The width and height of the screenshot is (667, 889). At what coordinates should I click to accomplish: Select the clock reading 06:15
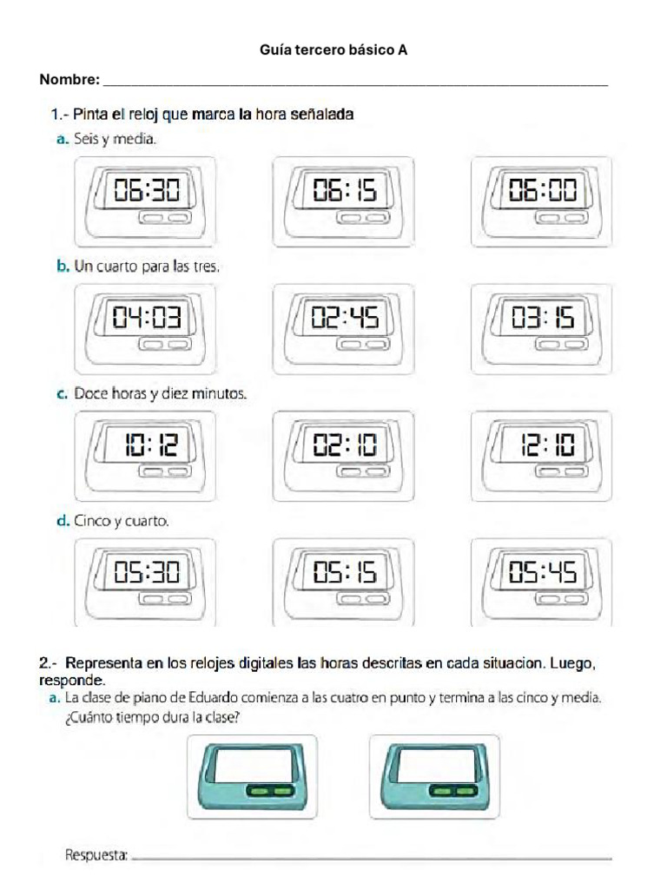click(345, 191)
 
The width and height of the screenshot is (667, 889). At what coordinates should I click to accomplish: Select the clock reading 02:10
click(345, 447)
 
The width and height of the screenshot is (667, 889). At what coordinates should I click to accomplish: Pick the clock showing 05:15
click(345, 573)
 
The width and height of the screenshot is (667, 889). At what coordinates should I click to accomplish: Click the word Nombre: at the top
click(69, 80)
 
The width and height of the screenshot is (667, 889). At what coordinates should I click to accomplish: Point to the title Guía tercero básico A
click(333, 50)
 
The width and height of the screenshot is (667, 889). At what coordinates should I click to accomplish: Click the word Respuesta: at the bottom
click(96, 855)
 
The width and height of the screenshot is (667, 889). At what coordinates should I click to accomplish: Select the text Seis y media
click(115, 139)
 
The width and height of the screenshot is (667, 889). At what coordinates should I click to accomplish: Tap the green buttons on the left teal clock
click(269, 791)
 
